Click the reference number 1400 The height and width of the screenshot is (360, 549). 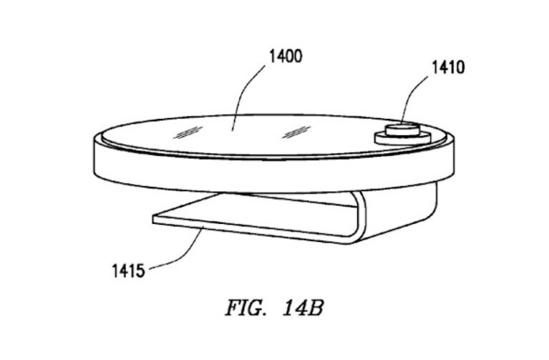(x=286, y=56)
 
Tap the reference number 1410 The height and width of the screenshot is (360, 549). (x=448, y=67)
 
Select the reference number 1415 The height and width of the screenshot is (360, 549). (x=128, y=271)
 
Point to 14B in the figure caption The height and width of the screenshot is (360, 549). (x=303, y=308)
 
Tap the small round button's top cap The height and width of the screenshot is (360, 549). (x=402, y=128)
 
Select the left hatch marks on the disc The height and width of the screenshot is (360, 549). (x=188, y=132)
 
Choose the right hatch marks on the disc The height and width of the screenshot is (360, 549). (x=296, y=132)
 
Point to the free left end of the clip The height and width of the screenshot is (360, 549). (x=154, y=220)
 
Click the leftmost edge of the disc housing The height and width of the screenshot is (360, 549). (x=94, y=156)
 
